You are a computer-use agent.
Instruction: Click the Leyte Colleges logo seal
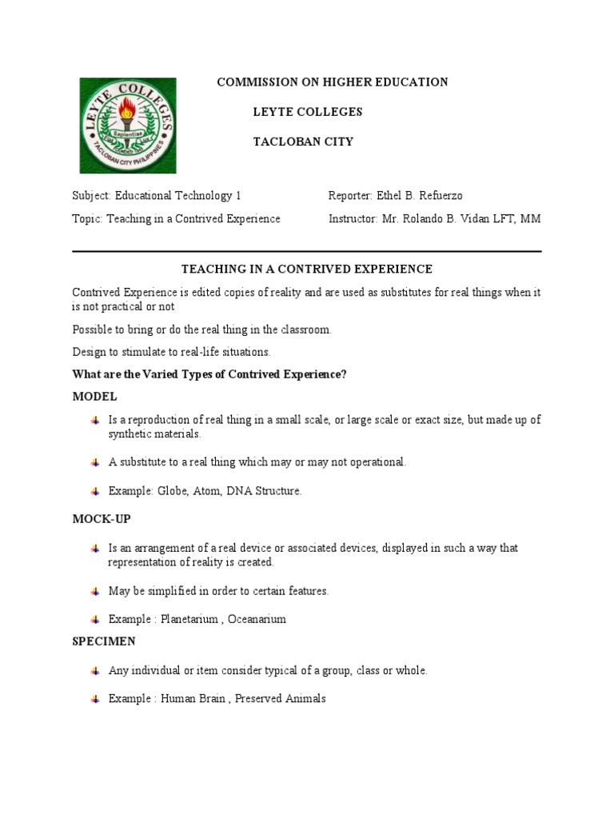pos(127,125)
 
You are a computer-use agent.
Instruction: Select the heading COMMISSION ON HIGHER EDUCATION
pos(333,82)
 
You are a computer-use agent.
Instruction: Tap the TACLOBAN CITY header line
pos(303,142)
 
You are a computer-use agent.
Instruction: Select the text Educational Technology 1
pos(177,196)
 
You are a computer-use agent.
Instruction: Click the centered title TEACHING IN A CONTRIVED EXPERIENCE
pos(307,270)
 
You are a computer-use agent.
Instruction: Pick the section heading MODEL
pos(94,397)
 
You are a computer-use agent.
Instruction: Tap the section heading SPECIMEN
pos(104,641)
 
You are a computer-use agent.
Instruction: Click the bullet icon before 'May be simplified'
pos(95,592)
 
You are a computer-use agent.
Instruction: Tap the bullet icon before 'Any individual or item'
pos(95,670)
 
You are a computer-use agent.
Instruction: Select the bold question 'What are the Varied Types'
pos(209,374)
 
